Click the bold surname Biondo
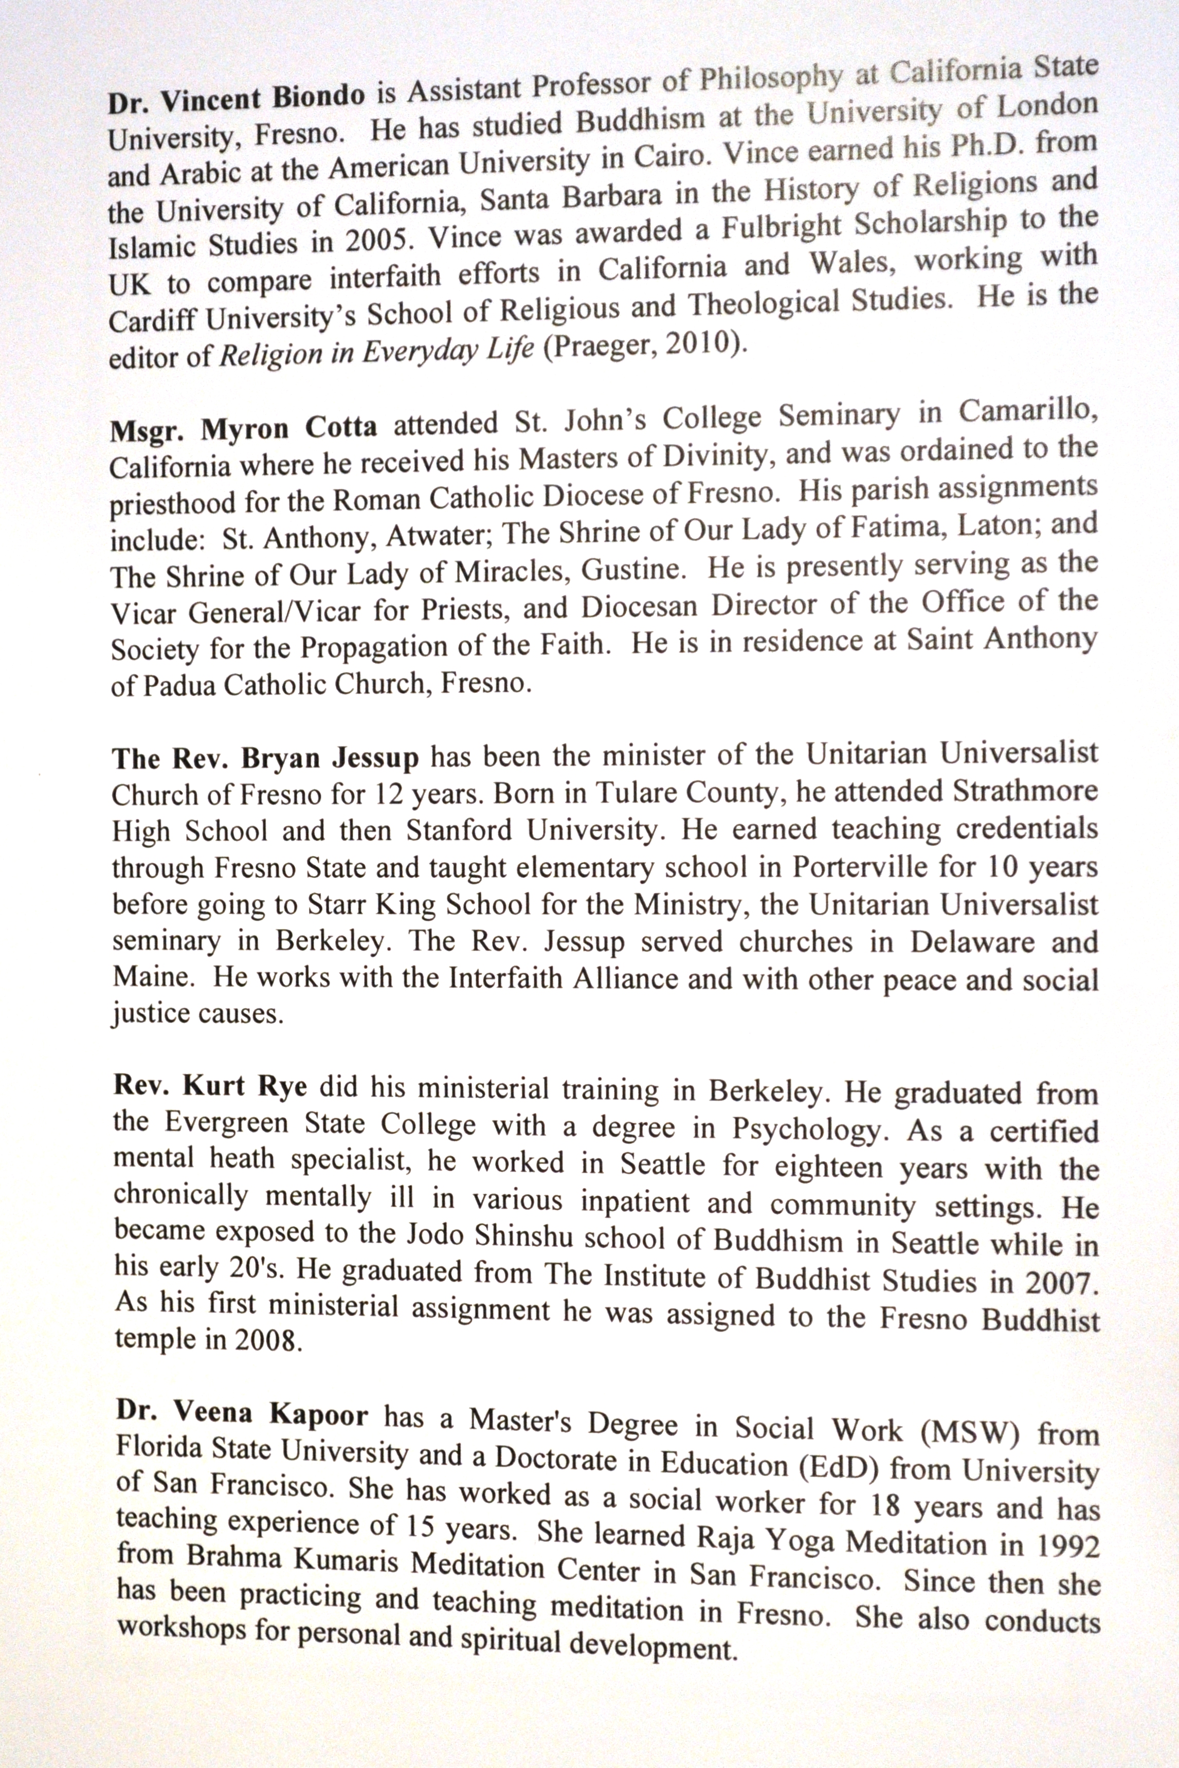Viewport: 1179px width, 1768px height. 319,96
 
